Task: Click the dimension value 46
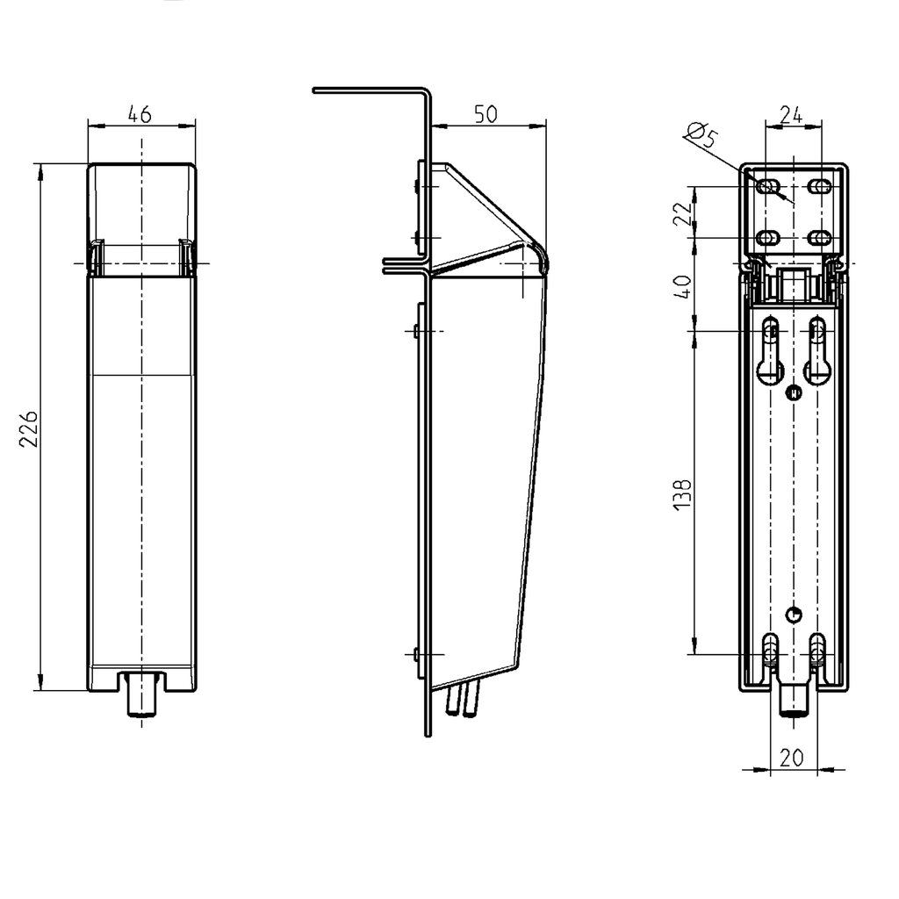pyautogui.click(x=140, y=114)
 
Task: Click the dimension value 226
pyautogui.click(x=29, y=428)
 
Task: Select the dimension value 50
pyautogui.click(x=485, y=114)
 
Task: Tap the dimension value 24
pyautogui.click(x=793, y=114)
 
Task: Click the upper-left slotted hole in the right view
pyautogui.click(x=768, y=187)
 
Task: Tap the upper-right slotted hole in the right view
pyautogui.click(x=821, y=187)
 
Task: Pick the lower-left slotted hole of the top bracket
pyautogui.click(x=768, y=237)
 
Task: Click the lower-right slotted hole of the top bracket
pyautogui.click(x=821, y=237)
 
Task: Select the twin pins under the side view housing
pyautogui.click(x=464, y=700)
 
